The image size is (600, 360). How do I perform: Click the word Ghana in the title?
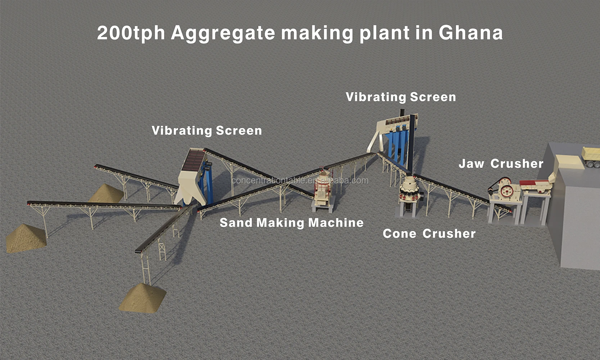470,33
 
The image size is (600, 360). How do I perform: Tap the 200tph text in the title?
131,33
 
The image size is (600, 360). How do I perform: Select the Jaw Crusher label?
501,164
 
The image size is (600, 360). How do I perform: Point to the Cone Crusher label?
429,234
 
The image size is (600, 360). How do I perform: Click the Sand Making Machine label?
292,223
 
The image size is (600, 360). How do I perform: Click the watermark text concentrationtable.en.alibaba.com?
300,180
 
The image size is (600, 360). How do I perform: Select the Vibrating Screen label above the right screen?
401,97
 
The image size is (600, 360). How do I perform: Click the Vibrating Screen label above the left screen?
207,130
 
